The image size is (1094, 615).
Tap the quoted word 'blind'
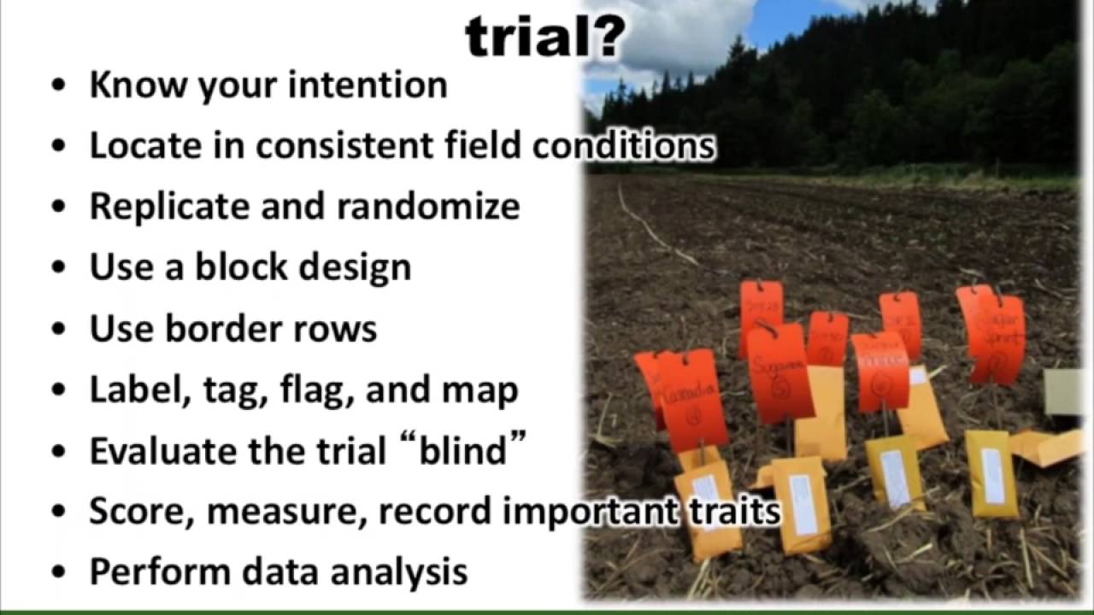462,450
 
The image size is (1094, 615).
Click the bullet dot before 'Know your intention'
58,86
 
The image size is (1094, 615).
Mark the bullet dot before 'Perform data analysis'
58,572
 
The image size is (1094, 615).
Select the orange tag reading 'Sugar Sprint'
997,338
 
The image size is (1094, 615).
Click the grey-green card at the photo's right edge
1068,392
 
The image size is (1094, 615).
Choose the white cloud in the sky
684,34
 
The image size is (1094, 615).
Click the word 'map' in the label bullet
479,390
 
